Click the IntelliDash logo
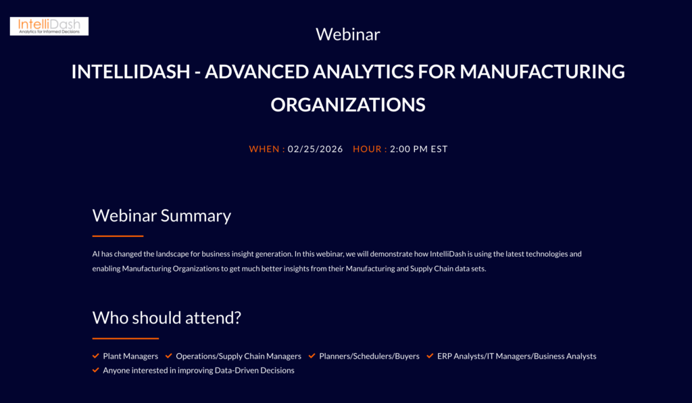(x=49, y=26)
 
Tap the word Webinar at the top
(x=348, y=34)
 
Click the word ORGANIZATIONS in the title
(x=348, y=105)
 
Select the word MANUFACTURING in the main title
(x=543, y=72)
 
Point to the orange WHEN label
(x=266, y=149)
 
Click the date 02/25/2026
(x=315, y=149)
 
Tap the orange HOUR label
(x=370, y=149)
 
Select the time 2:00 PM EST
(x=419, y=149)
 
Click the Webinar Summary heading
(x=162, y=215)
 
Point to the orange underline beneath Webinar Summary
(x=118, y=236)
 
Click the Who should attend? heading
(x=167, y=318)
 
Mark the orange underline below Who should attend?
(x=125, y=339)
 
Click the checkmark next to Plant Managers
(x=96, y=356)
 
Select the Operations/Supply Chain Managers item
(x=239, y=356)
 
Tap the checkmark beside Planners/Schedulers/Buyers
(x=312, y=356)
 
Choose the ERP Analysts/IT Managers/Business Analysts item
(x=516, y=356)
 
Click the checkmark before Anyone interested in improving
(x=96, y=370)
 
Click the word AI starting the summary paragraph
(x=96, y=254)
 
